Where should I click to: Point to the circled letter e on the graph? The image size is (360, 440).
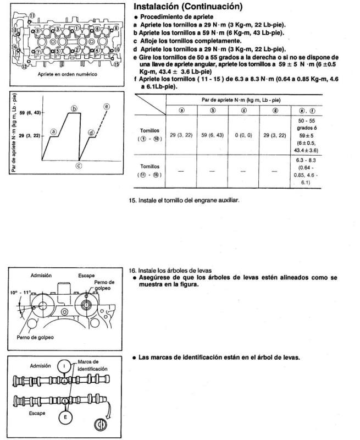(106, 106)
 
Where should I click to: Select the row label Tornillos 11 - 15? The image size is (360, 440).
(151, 170)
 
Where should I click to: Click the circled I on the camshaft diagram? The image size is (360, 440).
(64, 365)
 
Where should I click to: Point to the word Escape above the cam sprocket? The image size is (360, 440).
(86, 275)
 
